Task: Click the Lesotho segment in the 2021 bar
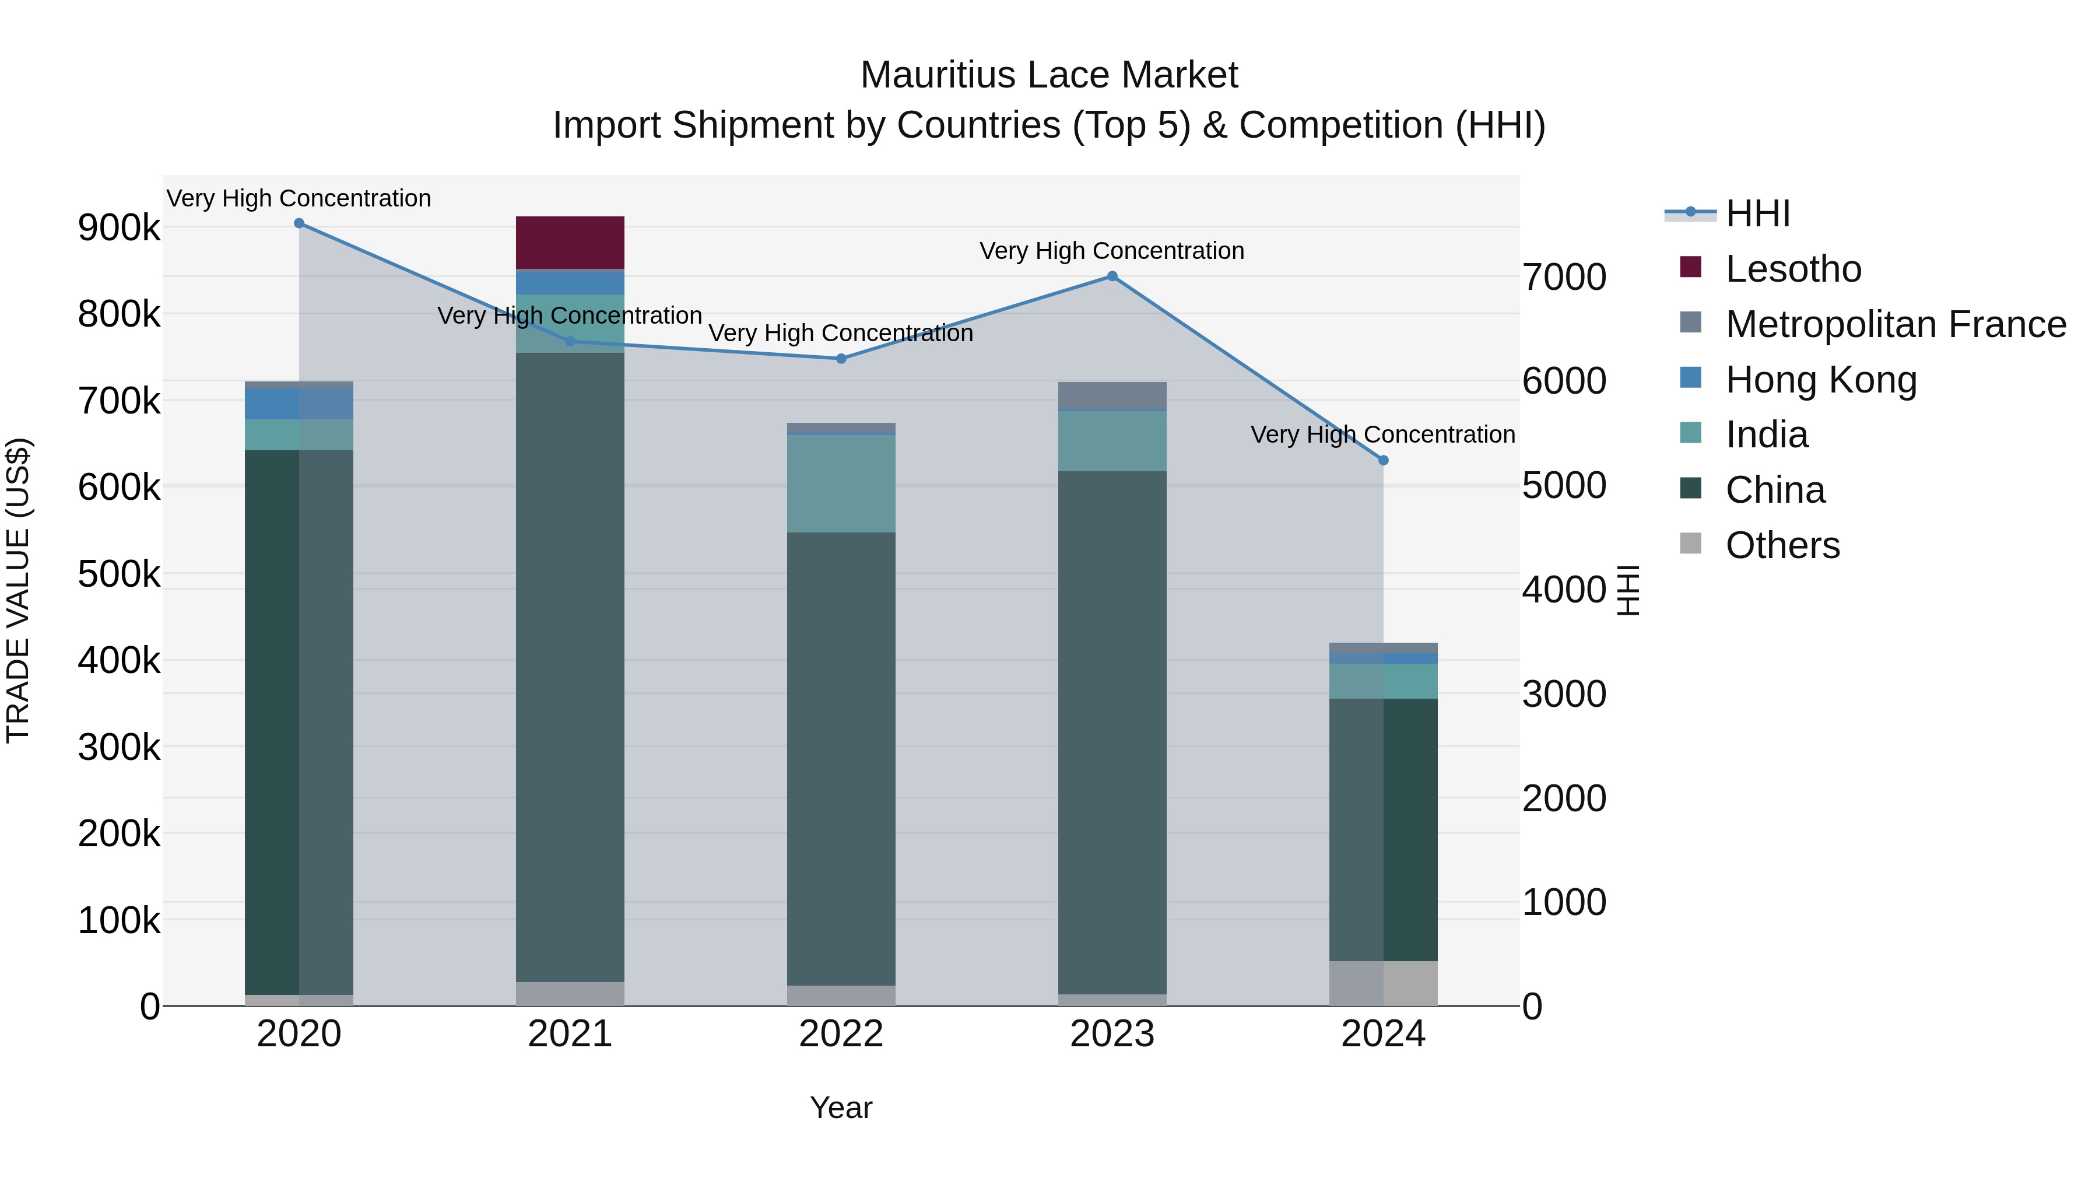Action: point(570,242)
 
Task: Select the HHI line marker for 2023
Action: point(1112,276)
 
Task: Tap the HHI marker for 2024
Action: point(1383,461)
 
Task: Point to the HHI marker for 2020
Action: point(299,223)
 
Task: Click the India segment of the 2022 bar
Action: point(841,483)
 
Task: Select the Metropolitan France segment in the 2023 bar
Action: point(1112,395)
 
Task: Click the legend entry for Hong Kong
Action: point(1820,380)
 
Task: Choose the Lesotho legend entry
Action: point(1793,269)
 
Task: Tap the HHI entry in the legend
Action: point(1757,213)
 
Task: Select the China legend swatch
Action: point(1691,489)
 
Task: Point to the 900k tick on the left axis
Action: point(119,227)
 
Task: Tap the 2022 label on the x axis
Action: point(841,1034)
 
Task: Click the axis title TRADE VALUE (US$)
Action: point(18,590)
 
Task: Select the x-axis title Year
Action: point(841,1108)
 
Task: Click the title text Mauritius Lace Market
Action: point(1049,75)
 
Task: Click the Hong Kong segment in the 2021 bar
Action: point(570,283)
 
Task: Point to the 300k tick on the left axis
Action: point(119,748)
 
